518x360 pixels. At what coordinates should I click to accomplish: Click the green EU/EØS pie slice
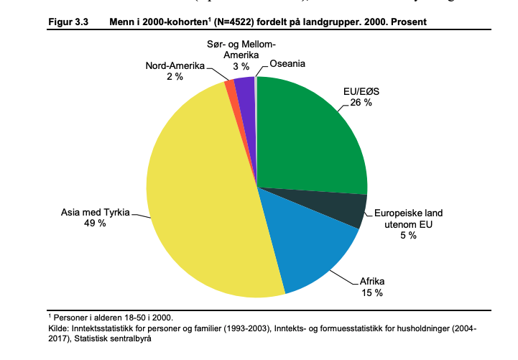point(309,137)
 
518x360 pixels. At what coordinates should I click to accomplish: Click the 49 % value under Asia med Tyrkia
point(95,223)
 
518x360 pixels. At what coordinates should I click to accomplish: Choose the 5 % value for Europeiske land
point(409,236)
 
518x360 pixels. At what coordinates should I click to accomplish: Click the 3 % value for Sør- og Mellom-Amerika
point(241,66)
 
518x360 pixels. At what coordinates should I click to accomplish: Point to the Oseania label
point(287,64)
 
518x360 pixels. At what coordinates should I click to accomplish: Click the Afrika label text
point(371,282)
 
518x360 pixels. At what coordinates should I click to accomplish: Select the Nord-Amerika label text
point(175,66)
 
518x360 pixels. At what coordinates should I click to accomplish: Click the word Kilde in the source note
point(57,328)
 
